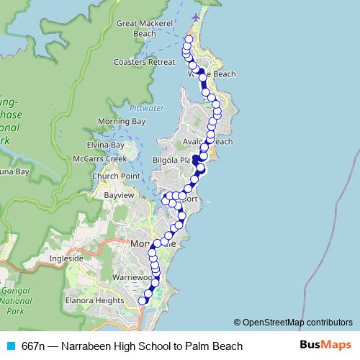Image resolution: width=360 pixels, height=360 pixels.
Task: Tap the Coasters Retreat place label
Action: tap(145, 62)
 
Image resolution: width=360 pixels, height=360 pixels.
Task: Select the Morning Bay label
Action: tap(122, 121)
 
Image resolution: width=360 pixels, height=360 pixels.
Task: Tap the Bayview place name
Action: tap(120, 194)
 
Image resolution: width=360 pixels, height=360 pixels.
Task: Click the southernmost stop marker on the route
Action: tap(142, 301)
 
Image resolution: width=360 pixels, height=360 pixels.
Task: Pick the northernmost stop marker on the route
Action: tap(189, 39)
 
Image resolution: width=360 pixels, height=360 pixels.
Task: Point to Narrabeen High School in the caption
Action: tap(122, 346)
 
